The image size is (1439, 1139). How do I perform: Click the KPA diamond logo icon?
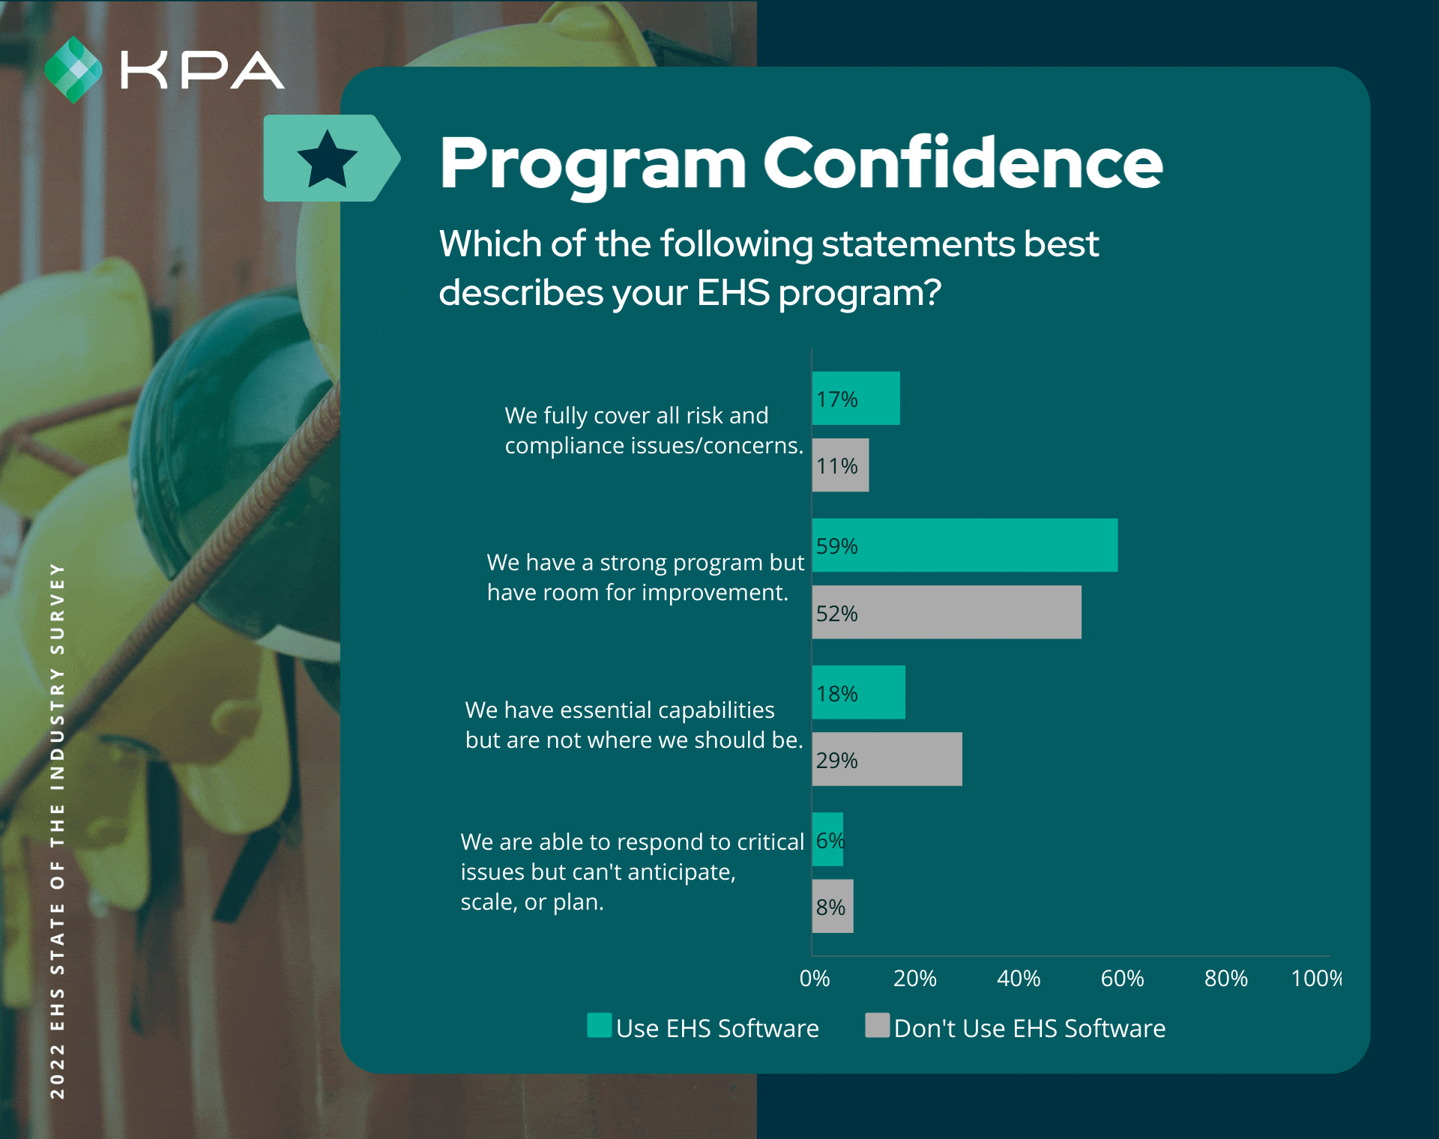click(x=73, y=70)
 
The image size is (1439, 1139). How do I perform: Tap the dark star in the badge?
click(x=328, y=160)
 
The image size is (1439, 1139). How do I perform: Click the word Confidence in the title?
click(x=962, y=163)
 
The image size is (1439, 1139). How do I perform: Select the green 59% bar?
click(x=965, y=546)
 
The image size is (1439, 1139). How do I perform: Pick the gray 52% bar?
click(x=947, y=612)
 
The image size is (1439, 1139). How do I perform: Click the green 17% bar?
click(x=856, y=399)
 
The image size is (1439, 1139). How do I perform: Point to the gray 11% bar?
click(x=840, y=465)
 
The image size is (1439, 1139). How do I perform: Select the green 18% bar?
click(x=858, y=692)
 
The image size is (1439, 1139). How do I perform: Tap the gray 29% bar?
click(x=887, y=759)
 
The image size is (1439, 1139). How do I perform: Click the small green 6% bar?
click(x=828, y=839)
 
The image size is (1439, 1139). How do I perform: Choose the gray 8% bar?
click(x=833, y=906)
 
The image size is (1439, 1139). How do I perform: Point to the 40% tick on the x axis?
click(x=1019, y=979)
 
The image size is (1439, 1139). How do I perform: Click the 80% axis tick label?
click(x=1226, y=979)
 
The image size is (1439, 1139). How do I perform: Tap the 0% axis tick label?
click(x=815, y=979)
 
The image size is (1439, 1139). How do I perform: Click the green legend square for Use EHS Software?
click(x=600, y=1025)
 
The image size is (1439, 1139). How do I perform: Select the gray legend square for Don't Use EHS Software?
click(x=878, y=1025)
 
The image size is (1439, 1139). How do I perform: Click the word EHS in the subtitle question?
click(x=733, y=292)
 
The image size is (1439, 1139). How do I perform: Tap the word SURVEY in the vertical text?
click(x=58, y=608)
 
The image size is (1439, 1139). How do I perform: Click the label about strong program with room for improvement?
click(x=645, y=577)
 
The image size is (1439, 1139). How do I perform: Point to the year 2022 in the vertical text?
click(x=58, y=1072)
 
